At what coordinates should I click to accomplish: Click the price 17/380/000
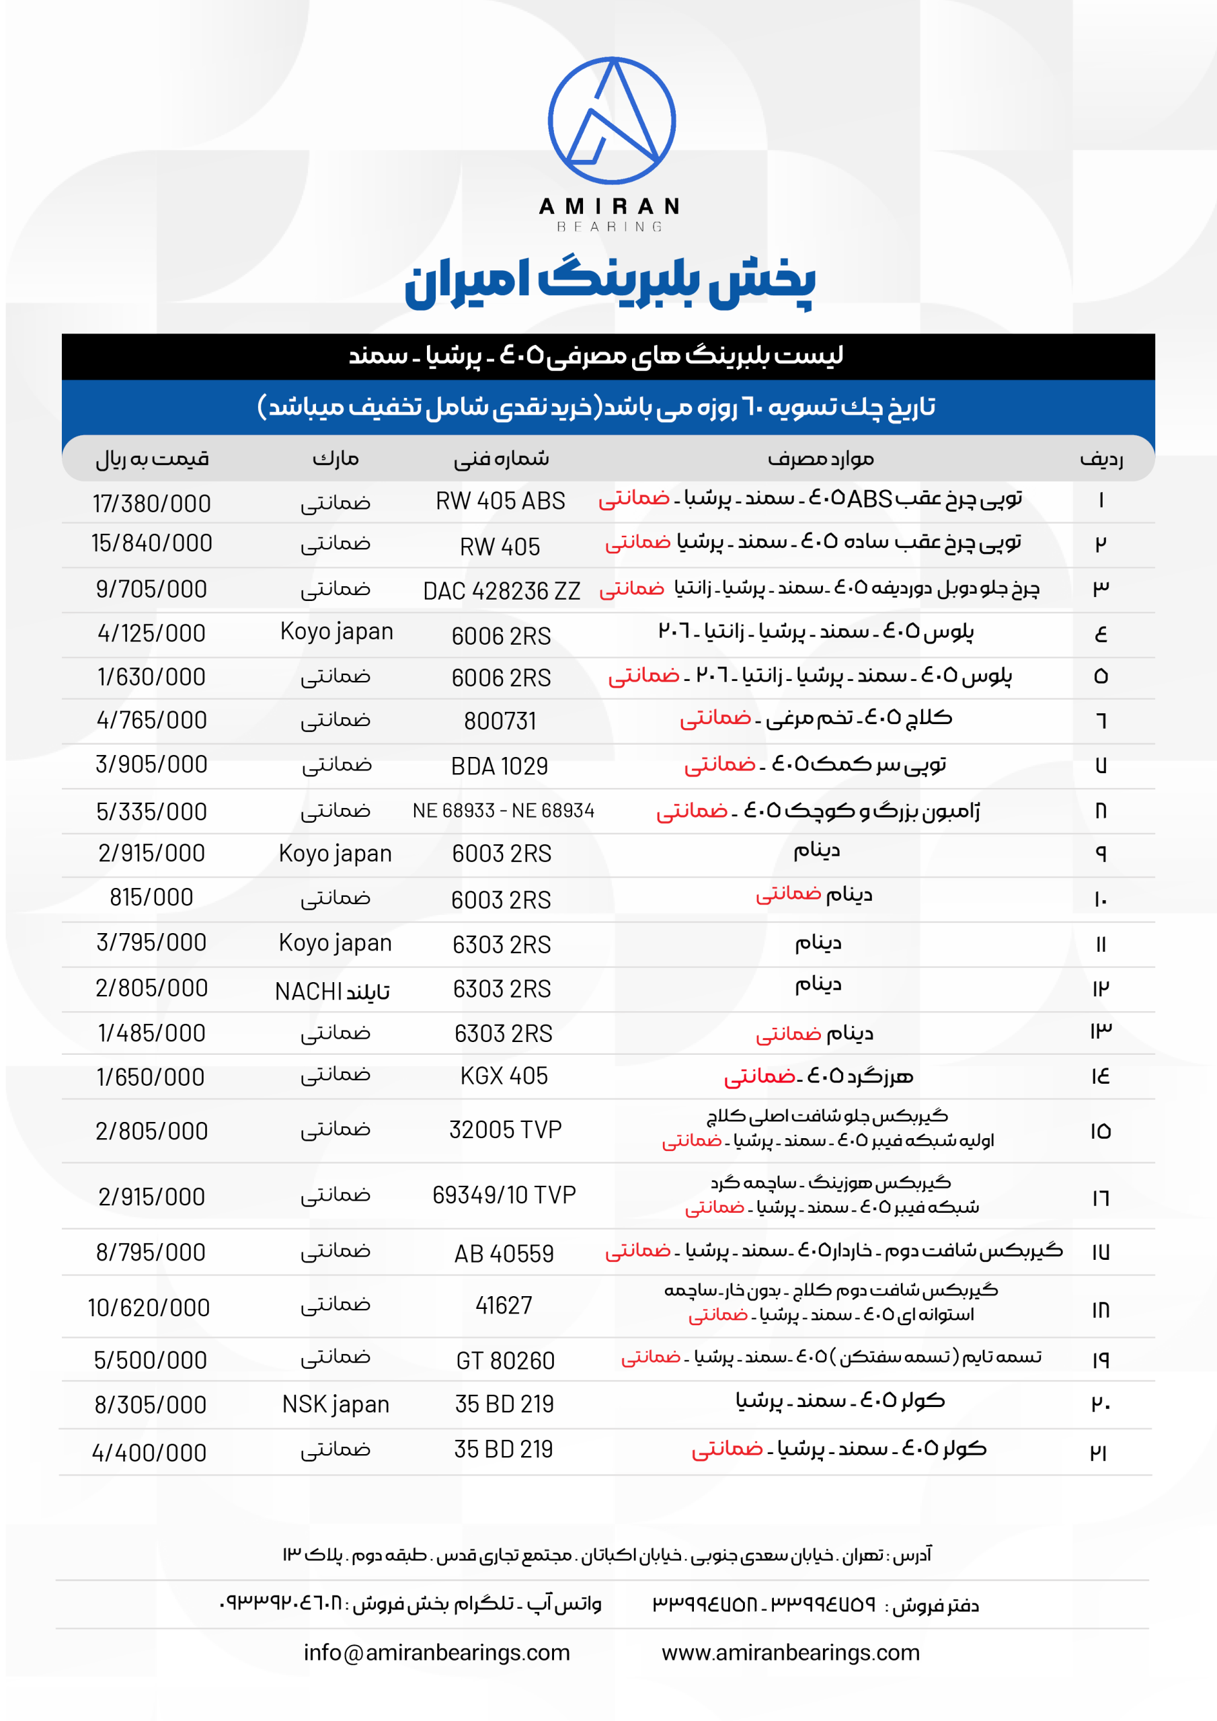click(x=151, y=504)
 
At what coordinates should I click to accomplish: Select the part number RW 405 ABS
click(x=500, y=501)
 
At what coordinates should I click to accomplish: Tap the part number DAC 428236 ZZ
click(x=501, y=592)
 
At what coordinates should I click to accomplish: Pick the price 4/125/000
click(x=151, y=633)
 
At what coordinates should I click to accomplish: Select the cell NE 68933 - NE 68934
click(x=503, y=810)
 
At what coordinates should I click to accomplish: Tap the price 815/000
click(x=151, y=897)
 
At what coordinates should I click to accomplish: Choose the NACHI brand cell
click(x=332, y=991)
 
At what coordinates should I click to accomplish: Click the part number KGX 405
click(x=504, y=1076)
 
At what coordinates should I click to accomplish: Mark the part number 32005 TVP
click(x=506, y=1129)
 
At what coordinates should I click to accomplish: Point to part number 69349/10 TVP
click(x=504, y=1195)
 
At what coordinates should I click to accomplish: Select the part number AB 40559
click(x=504, y=1253)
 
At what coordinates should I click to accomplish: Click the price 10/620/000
click(x=149, y=1308)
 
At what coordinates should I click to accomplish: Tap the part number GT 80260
click(x=506, y=1361)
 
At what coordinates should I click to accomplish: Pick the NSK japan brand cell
click(x=336, y=1404)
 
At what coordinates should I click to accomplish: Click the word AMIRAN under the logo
click(x=609, y=206)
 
